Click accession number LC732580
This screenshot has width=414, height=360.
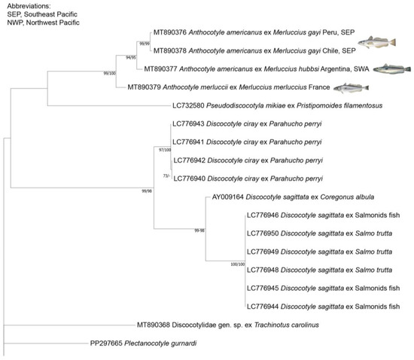[x=190, y=106]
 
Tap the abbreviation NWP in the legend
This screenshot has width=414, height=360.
[x=12, y=25]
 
